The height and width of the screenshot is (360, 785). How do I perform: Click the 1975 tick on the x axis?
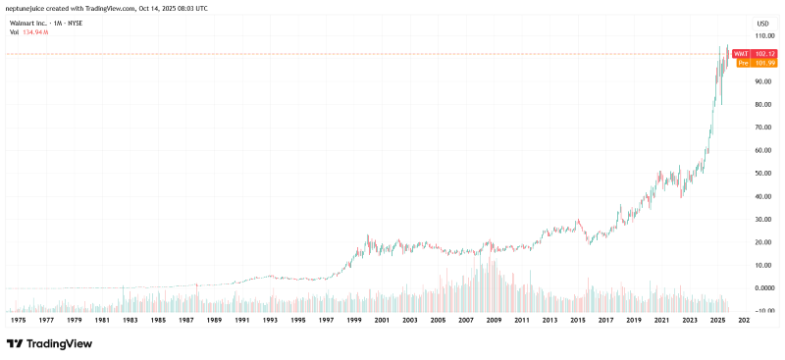(17, 320)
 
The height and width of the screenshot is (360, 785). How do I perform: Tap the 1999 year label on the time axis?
(354, 320)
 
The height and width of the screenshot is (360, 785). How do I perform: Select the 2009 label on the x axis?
(495, 320)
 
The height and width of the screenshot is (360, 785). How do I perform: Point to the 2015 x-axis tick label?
(578, 320)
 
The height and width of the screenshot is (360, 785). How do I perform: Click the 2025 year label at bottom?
(718, 320)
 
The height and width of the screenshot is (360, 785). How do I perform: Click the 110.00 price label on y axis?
(763, 35)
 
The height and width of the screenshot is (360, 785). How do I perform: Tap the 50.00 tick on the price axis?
(763, 174)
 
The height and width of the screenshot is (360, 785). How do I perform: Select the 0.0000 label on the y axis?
(763, 288)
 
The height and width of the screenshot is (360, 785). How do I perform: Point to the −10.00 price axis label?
(762, 311)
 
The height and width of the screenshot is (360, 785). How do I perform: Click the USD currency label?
(762, 22)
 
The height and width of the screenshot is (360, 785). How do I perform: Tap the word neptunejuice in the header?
(28, 8)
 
